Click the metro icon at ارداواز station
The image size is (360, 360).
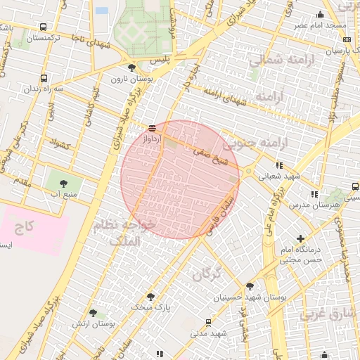tap(152, 128)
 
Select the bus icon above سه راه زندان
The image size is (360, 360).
tap(44, 79)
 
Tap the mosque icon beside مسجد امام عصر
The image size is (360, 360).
tap(321, 15)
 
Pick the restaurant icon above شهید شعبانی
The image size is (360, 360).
tap(280, 166)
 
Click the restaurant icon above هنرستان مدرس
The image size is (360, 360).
tap(314, 194)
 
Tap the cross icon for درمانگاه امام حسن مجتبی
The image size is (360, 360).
tap(301, 239)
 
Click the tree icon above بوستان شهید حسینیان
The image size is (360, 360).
tap(250, 285)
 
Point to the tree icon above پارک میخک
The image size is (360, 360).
tap(150, 297)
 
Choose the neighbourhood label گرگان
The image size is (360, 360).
tap(211, 272)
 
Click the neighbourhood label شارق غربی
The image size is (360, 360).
tap(324, 314)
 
